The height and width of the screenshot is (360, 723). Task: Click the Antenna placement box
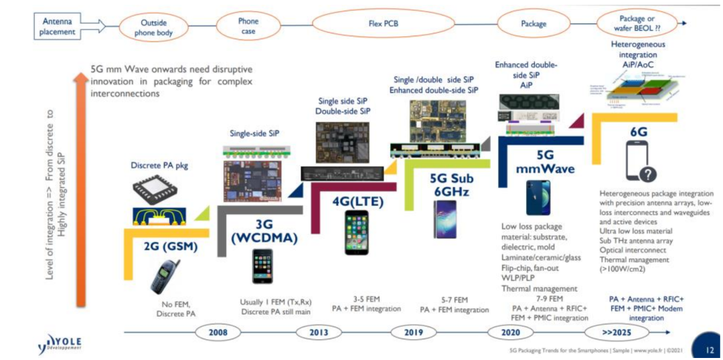coord(60,25)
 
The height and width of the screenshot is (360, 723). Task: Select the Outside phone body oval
coord(153,25)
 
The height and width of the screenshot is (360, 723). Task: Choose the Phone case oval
coord(248,25)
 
